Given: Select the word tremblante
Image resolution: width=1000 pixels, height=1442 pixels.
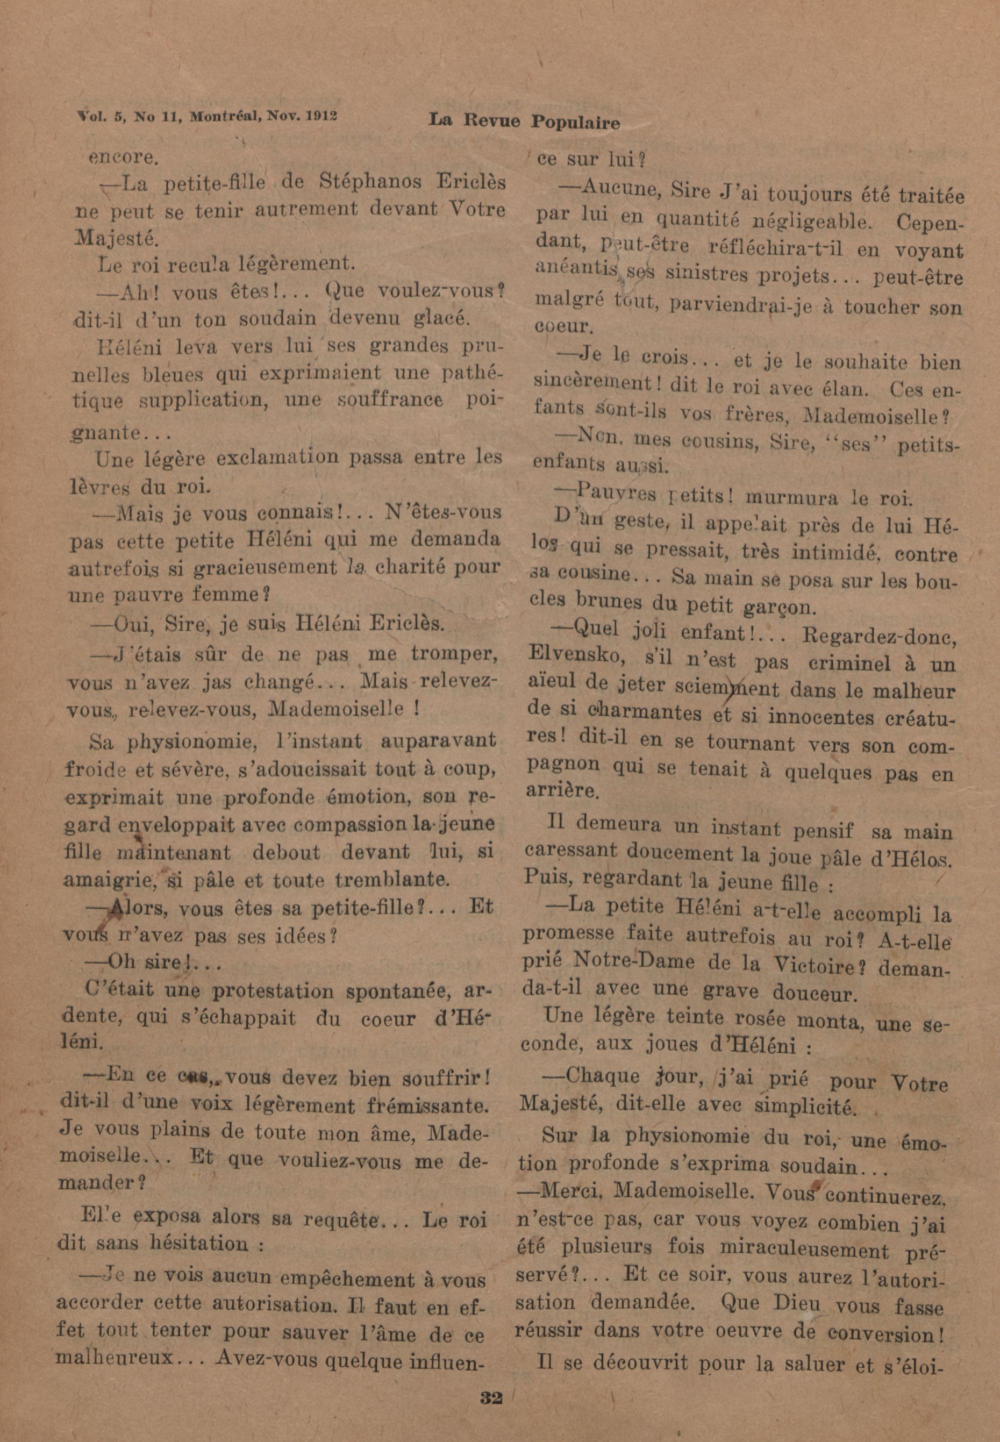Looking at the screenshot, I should point(393,880).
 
